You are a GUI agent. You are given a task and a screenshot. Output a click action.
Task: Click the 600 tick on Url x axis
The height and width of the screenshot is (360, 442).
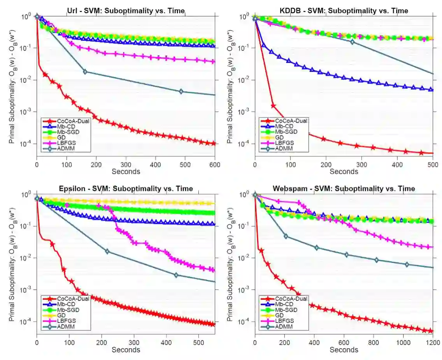(x=214, y=164)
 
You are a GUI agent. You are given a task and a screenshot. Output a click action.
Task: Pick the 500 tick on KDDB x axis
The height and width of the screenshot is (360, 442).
(x=433, y=164)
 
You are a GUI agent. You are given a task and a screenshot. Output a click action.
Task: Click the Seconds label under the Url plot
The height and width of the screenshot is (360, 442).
(x=126, y=171)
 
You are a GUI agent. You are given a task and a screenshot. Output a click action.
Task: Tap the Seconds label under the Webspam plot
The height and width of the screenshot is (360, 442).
(x=344, y=350)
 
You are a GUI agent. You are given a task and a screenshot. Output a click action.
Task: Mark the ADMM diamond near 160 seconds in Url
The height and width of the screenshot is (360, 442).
(x=85, y=72)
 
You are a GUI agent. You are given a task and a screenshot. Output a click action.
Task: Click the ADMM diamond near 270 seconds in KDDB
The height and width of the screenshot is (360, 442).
(x=352, y=42)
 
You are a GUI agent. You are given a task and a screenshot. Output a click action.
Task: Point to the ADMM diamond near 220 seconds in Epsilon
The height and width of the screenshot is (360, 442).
(x=108, y=252)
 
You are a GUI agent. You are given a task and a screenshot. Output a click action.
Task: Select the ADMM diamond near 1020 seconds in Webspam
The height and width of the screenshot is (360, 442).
(x=407, y=264)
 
